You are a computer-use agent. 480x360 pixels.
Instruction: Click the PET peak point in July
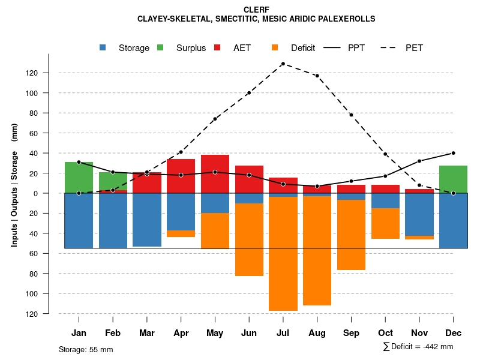283,64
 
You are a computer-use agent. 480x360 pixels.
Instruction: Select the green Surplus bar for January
79,178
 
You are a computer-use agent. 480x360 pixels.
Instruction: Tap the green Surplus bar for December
453,179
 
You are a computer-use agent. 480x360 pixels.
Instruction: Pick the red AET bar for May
215,174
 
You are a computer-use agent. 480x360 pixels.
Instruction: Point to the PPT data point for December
453,153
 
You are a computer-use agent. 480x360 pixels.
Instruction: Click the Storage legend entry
126,48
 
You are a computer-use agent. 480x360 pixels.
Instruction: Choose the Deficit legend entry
294,48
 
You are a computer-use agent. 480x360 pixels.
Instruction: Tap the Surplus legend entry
183,48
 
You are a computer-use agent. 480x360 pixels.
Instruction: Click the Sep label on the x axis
351,333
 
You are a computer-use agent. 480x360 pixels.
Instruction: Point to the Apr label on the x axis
181,333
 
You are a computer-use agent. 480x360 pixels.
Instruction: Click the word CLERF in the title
256,10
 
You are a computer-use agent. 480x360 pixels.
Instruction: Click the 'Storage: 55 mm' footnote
86,349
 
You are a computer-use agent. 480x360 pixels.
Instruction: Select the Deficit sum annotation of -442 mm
418,347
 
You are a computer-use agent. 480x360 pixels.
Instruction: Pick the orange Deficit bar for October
385,223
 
